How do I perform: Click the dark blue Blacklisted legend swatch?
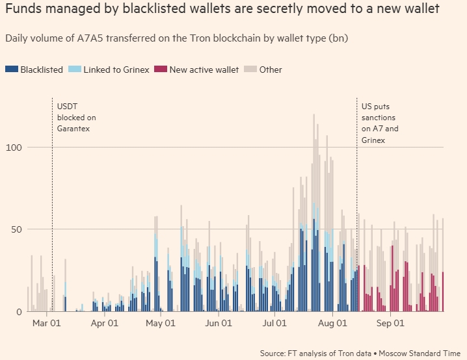coord(11,70)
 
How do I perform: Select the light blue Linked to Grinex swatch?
coord(74,70)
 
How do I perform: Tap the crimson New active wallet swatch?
coord(160,70)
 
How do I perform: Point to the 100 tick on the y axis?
coord(14,148)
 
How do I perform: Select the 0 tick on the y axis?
coord(19,312)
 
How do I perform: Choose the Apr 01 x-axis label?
coord(104,323)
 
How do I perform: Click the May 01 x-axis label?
coord(160,323)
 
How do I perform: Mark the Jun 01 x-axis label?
coord(217,323)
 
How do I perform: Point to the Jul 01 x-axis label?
coord(273,323)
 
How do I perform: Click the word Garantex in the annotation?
coord(73,129)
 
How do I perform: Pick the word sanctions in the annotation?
coord(380,117)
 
